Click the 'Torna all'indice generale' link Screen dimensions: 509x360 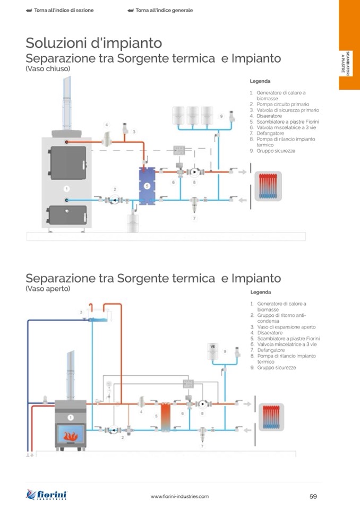pos(161,10)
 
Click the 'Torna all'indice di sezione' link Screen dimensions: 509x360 pos(60,10)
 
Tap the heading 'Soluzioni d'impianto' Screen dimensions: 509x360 pos(94,42)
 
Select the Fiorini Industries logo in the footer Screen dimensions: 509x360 pos(47,495)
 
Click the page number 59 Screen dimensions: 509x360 pos(313,496)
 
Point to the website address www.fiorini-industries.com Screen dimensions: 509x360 pos(179,496)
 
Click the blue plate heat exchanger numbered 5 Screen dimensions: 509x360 pos(147,186)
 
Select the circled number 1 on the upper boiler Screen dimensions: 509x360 pos(66,188)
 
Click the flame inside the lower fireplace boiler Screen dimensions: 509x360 pos(71,436)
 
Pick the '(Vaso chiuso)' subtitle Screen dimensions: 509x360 pos(48,69)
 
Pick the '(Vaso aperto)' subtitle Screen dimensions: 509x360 pos(48,289)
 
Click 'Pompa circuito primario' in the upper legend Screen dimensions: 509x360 pos(282,105)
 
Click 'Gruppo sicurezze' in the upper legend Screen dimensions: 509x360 pos(276,151)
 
